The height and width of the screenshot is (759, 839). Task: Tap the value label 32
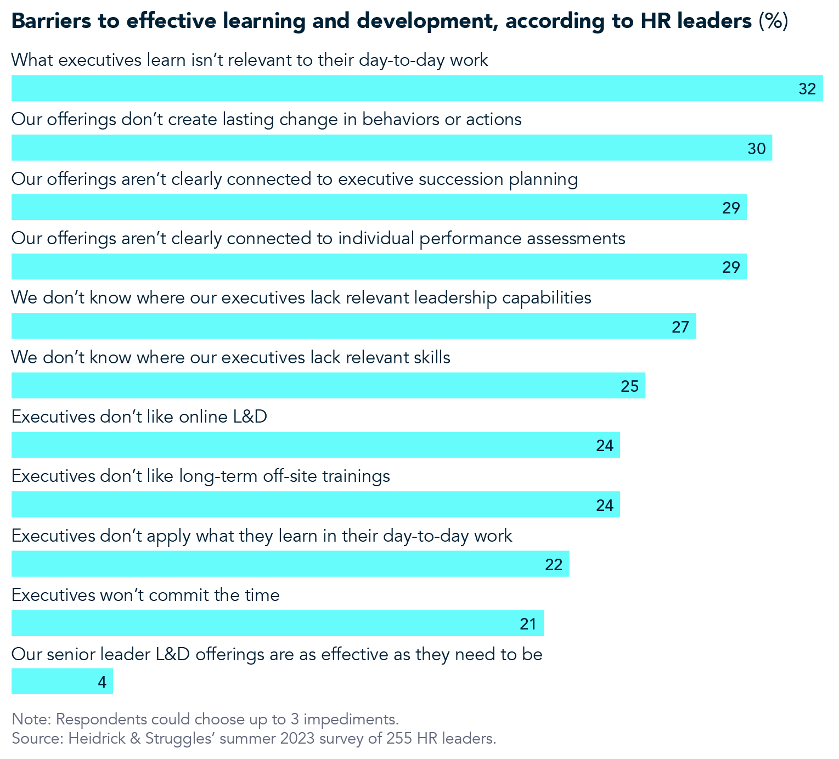(x=807, y=89)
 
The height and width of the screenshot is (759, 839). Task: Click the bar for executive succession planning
(x=379, y=207)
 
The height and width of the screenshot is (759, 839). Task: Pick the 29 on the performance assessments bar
(x=731, y=267)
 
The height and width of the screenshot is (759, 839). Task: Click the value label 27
(x=680, y=327)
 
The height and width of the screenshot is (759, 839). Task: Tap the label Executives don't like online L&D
(x=139, y=417)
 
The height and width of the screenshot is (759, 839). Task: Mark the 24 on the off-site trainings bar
(x=604, y=505)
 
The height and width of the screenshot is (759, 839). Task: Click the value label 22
(x=554, y=565)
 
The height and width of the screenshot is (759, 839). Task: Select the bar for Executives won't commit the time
(x=277, y=623)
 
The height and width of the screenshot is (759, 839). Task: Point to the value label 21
(x=528, y=624)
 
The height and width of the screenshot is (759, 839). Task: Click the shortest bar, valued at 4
(x=62, y=682)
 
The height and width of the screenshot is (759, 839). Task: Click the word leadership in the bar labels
(x=455, y=298)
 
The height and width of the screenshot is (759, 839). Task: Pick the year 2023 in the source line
(x=297, y=739)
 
